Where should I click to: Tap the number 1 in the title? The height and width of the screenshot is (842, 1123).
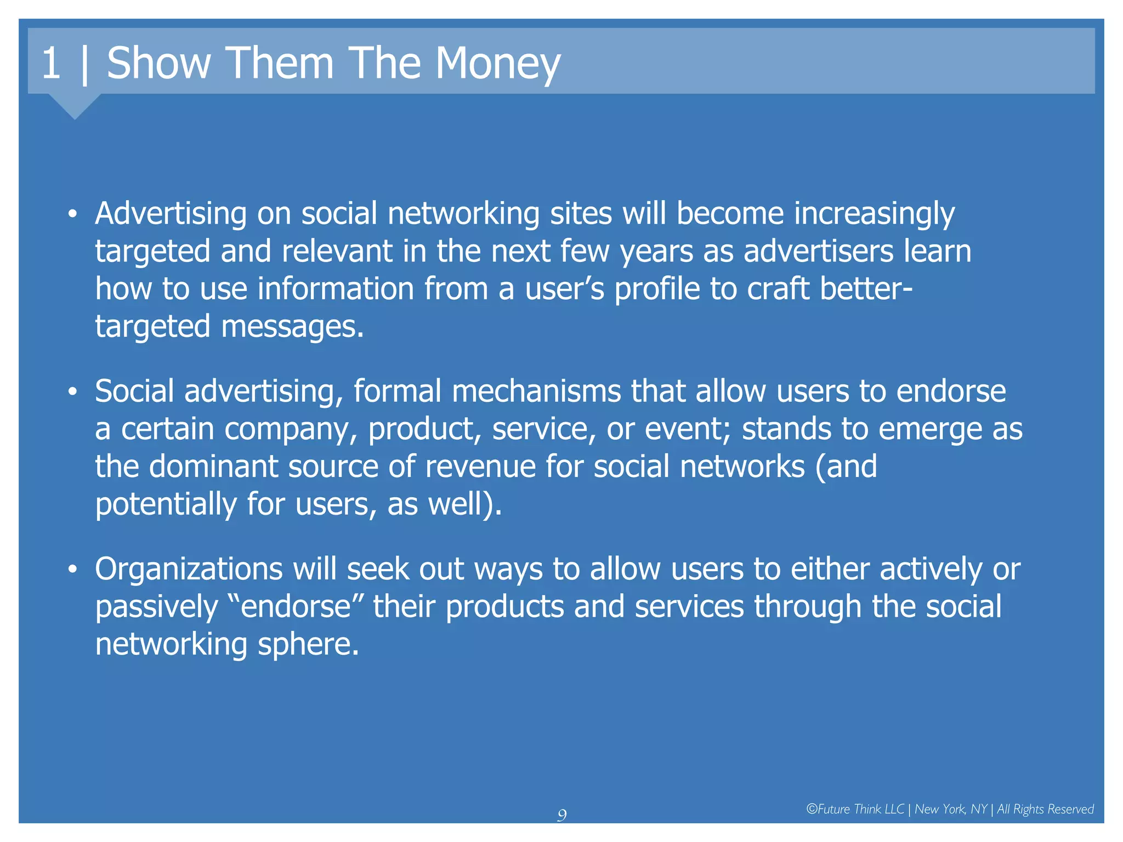(x=50, y=64)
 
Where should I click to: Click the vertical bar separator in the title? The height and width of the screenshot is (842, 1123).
(x=84, y=65)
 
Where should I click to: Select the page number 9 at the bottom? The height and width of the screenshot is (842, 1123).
(x=561, y=815)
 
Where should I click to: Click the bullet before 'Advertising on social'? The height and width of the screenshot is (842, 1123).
(x=72, y=214)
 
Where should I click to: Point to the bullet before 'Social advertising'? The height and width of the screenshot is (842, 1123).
(x=72, y=392)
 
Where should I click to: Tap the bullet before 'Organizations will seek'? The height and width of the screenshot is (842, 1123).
(x=72, y=570)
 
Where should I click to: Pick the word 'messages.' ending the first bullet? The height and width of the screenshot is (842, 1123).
(x=292, y=327)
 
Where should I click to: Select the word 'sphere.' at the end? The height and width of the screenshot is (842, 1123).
(x=308, y=645)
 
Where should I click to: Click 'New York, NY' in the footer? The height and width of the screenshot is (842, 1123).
(x=950, y=809)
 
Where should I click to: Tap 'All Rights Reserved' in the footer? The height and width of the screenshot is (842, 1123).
(x=1045, y=809)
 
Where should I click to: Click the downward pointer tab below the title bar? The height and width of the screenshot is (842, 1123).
(x=75, y=105)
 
